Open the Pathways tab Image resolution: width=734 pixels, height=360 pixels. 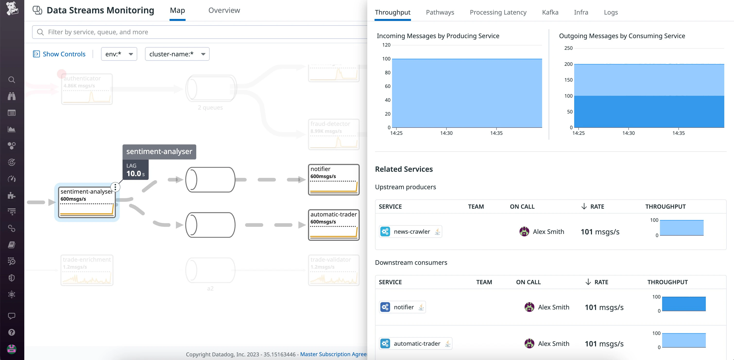tap(440, 12)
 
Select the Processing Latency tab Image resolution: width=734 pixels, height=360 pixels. tap(498, 12)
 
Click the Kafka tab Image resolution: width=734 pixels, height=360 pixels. tap(550, 12)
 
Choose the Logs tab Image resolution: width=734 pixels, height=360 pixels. tap(611, 12)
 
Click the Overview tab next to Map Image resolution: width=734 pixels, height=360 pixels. tap(224, 10)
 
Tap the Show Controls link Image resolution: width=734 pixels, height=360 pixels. tap(64, 54)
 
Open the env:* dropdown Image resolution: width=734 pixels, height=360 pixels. tap(119, 54)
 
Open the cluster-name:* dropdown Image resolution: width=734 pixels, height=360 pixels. tap(177, 54)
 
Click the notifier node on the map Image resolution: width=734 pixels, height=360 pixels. tap(333, 180)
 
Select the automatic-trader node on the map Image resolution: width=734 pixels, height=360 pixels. tap(333, 225)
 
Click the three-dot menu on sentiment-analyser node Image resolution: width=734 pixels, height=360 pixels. tap(115, 187)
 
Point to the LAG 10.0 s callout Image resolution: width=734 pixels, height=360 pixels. tap(135, 170)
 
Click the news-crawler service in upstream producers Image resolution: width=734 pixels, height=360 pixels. tap(411, 232)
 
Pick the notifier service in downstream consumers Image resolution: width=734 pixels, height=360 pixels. tap(403, 307)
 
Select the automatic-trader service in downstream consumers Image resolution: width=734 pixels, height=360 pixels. tap(417, 344)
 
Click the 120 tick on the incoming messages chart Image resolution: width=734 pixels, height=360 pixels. tap(386, 45)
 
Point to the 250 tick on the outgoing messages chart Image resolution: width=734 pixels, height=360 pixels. tap(568, 48)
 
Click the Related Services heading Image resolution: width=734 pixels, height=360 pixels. tap(404, 169)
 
